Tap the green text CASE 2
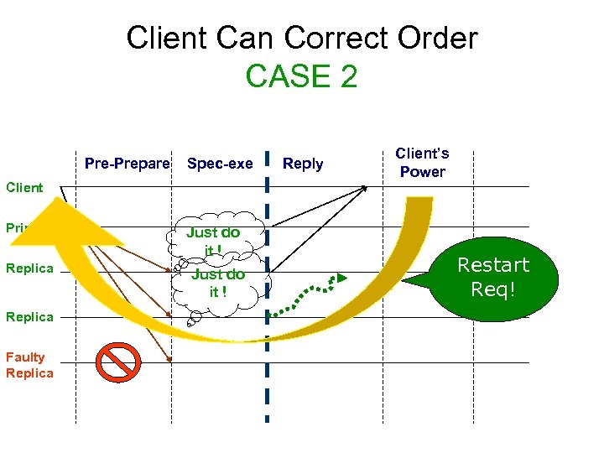(301, 76)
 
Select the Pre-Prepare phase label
(128, 164)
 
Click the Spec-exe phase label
(220, 164)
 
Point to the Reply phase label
(303, 164)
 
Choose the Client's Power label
(422, 163)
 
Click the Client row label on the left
(24, 187)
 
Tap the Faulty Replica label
(29, 365)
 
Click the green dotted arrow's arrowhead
(341, 277)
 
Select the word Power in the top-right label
(422, 172)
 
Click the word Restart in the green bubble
(492, 266)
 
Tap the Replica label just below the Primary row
(29, 268)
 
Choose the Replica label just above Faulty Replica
(29, 316)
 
